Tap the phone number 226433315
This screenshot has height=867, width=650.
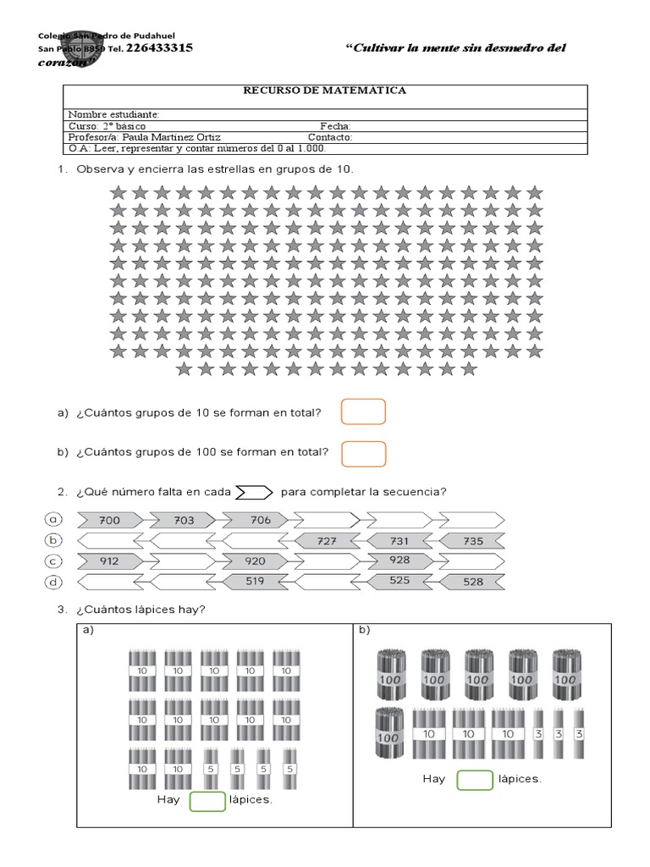(158, 48)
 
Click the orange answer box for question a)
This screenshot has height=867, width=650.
(363, 412)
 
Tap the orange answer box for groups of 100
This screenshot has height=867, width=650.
(363, 454)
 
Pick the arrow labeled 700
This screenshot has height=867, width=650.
(111, 520)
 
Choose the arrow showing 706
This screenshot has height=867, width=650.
(260, 520)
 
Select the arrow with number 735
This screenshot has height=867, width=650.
(472, 540)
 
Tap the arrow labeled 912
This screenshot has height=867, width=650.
(111, 561)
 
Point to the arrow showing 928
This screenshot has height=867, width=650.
(399, 561)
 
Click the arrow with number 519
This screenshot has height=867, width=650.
(254, 581)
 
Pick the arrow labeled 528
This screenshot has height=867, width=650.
(472, 581)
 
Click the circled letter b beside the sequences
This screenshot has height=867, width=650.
(53, 540)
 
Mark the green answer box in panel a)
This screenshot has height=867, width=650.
(207, 800)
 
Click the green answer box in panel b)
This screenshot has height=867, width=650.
(474, 779)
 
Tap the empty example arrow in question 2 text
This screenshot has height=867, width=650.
(252, 493)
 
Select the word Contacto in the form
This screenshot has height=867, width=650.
(330, 137)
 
